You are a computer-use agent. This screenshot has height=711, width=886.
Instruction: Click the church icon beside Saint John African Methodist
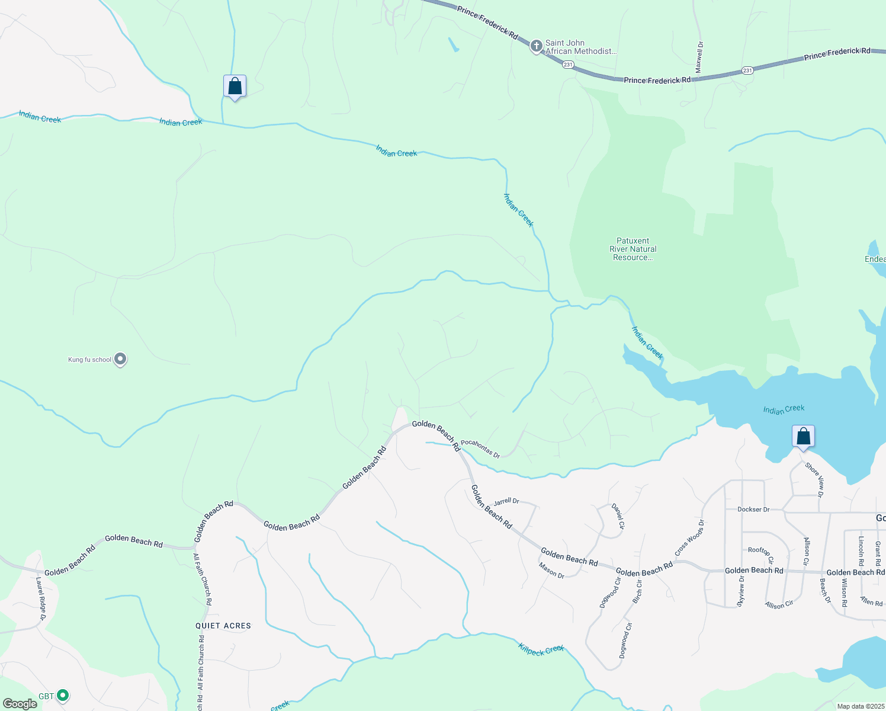click(x=536, y=46)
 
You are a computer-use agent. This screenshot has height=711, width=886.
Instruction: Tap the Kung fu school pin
click(x=120, y=359)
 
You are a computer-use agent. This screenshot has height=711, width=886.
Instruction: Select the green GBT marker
click(x=63, y=696)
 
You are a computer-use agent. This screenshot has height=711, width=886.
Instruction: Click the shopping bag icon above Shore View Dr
click(x=803, y=437)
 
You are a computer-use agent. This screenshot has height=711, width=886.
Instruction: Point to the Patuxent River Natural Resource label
click(x=633, y=249)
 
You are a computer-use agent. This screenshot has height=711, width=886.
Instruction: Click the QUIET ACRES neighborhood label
click(x=223, y=626)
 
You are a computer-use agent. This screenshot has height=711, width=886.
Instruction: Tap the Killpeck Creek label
click(x=541, y=649)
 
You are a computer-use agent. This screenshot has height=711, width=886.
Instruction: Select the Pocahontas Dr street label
click(x=480, y=448)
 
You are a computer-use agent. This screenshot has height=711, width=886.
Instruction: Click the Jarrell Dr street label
click(x=506, y=501)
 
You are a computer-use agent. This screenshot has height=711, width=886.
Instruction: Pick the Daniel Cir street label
click(x=618, y=516)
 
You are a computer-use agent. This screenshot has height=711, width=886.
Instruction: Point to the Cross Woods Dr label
click(x=690, y=538)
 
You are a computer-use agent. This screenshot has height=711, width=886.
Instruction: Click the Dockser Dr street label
click(x=753, y=510)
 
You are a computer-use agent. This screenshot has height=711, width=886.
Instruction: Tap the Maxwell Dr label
click(x=699, y=57)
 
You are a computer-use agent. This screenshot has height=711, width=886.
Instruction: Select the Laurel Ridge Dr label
click(x=40, y=598)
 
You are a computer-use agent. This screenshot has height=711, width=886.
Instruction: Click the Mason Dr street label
click(x=551, y=571)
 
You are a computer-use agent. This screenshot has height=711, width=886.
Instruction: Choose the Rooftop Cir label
click(x=761, y=553)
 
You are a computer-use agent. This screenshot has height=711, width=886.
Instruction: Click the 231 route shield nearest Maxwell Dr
click(x=747, y=71)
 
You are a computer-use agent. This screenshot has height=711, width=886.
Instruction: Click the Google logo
click(x=20, y=704)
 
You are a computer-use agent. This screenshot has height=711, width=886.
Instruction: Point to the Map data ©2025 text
click(x=861, y=706)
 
